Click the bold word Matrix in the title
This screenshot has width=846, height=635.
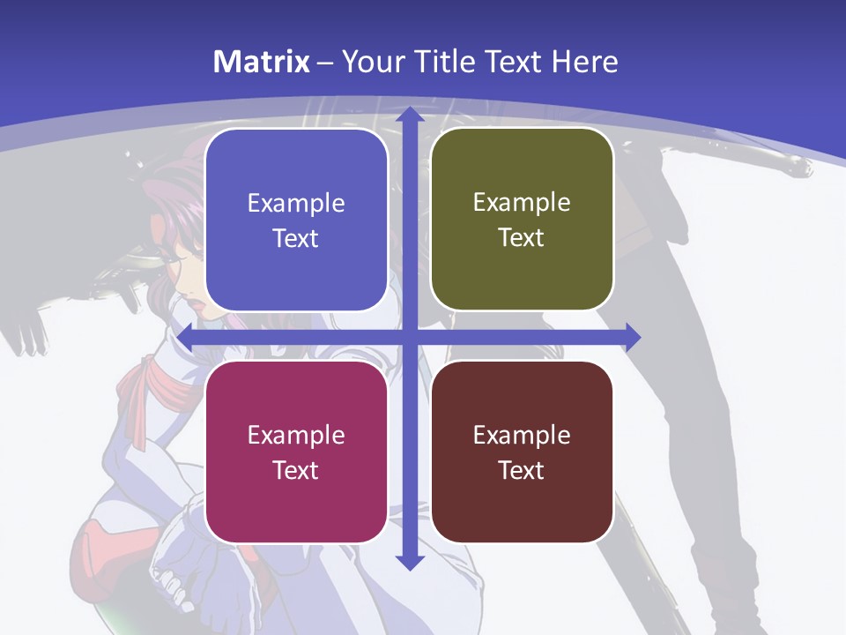click(262, 62)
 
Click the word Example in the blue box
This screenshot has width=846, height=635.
click(296, 204)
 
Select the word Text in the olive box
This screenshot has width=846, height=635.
click(521, 238)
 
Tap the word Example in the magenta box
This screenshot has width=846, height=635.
click(296, 435)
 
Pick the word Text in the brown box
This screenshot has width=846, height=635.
click(521, 470)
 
